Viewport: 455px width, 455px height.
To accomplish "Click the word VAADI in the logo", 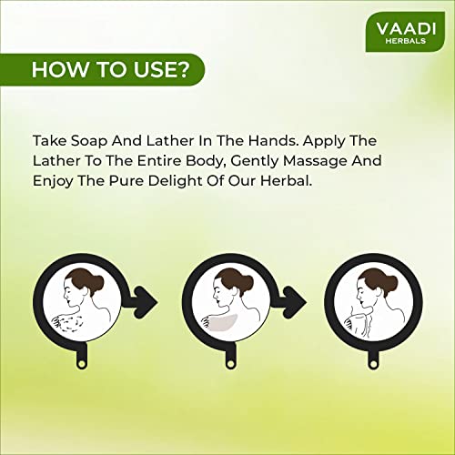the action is click(406, 28).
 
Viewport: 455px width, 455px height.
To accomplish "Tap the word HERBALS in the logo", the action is click(406, 41).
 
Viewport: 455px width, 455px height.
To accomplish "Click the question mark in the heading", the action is click(181, 69).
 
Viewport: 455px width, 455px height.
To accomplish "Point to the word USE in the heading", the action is click(153, 69).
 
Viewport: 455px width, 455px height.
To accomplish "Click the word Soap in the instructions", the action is click(89, 141).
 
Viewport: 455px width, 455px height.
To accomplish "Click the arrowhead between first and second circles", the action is click(147, 302).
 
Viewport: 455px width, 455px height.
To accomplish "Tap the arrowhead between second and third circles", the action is click(295, 302).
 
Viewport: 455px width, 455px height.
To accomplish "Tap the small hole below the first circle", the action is click(81, 363).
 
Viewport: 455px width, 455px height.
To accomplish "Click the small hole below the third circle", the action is click(373, 363).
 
